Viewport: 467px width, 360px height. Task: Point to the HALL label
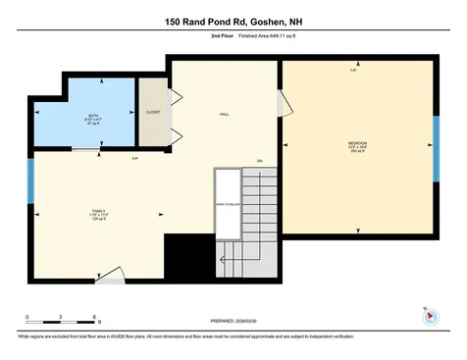(224, 115)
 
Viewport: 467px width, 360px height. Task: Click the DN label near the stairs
(260, 161)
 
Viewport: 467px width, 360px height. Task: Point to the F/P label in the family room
(134, 158)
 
